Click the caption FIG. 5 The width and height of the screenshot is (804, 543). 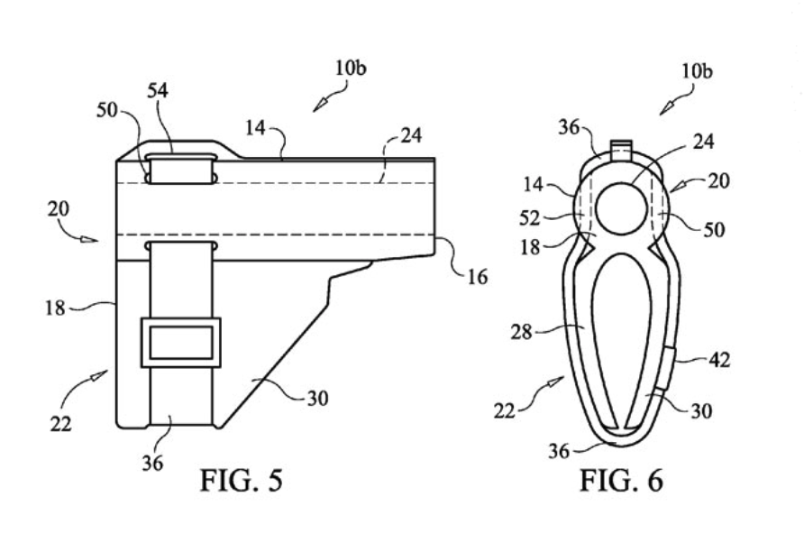(241, 481)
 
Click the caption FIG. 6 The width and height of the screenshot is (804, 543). (621, 481)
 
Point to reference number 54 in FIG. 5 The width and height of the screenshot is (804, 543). (158, 91)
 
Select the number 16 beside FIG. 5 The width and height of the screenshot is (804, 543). (478, 277)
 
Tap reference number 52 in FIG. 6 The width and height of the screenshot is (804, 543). (530, 218)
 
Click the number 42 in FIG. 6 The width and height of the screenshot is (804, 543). (719, 360)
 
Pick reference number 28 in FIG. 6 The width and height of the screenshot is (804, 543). (522, 333)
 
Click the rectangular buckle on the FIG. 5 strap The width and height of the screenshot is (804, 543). (180, 343)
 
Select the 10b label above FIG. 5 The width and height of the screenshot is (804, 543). (352, 68)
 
